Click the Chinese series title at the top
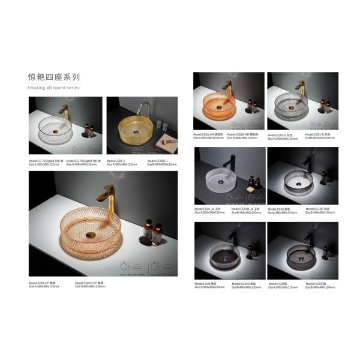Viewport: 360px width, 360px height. point(53,77)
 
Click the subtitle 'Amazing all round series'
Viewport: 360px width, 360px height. point(53,88)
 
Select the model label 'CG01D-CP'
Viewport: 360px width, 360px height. point(88,283)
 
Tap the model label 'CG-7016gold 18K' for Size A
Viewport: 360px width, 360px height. point(44,160)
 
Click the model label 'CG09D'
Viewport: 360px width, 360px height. point(238,284)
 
